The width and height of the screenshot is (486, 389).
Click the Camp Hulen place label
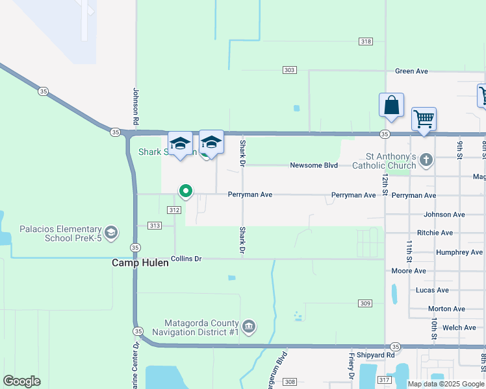click(140, 263)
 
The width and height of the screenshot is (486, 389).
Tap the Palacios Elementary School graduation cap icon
click(111, 232)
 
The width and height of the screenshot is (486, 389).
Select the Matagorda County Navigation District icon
click(249, 325)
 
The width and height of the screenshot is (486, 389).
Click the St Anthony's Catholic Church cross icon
click(426, 159)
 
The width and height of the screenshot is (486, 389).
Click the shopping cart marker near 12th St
click(424, 120)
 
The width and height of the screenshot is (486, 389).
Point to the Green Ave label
click(411, 71)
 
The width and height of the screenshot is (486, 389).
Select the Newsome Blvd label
click(314, 165)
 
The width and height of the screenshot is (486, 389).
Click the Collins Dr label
click(186, 259)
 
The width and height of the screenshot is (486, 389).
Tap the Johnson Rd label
click(136, 107)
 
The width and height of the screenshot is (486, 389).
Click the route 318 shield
click(366, 41)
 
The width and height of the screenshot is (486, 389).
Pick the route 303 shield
click(290, 70)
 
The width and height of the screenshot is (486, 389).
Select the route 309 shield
click(364, 303)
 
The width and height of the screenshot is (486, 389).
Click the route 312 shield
click(173, 210)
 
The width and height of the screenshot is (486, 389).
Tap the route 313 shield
click(154, 226)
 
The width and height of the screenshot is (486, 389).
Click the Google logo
click(21, 381)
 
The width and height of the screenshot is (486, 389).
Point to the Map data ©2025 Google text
click(445, 384)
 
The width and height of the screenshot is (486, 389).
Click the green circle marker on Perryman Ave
click(185, 191)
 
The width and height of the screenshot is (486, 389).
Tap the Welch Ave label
click(459, 328)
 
